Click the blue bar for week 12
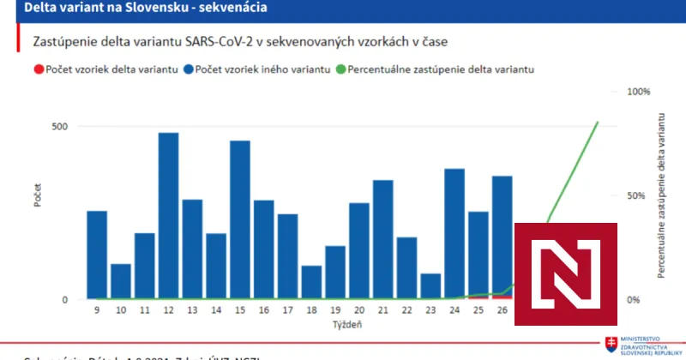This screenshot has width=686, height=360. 168,216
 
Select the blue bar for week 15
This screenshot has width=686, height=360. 240,219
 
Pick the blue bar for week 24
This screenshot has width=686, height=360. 454,234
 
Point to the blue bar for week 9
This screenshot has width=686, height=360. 97,255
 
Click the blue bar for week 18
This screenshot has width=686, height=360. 311,282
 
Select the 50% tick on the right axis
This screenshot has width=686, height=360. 637,195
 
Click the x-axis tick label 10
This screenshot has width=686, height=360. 121,311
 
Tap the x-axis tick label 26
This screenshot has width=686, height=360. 502,311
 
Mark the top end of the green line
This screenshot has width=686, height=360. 599,122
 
